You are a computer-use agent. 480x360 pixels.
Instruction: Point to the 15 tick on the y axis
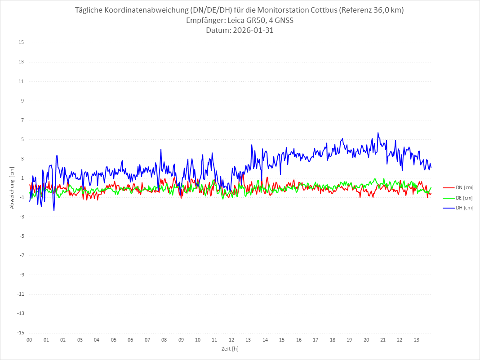21,43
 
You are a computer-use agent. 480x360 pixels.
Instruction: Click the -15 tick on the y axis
20,333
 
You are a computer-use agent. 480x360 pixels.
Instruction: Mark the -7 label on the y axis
21,255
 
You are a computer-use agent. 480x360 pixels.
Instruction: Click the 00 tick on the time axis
29,340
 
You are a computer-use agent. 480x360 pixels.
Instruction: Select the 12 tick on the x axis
231,340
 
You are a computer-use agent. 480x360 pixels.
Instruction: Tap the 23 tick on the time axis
417,340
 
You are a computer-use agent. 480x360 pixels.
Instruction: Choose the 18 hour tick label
333,340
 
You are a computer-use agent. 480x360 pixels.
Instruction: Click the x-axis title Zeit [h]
230,348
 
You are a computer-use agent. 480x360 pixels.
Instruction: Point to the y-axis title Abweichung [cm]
12,187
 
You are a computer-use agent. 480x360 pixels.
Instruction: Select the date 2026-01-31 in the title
251,31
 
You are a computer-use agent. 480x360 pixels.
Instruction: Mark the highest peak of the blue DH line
378,133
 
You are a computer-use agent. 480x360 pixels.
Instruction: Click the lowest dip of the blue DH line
54,211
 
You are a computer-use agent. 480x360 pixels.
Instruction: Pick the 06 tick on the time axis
130,340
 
